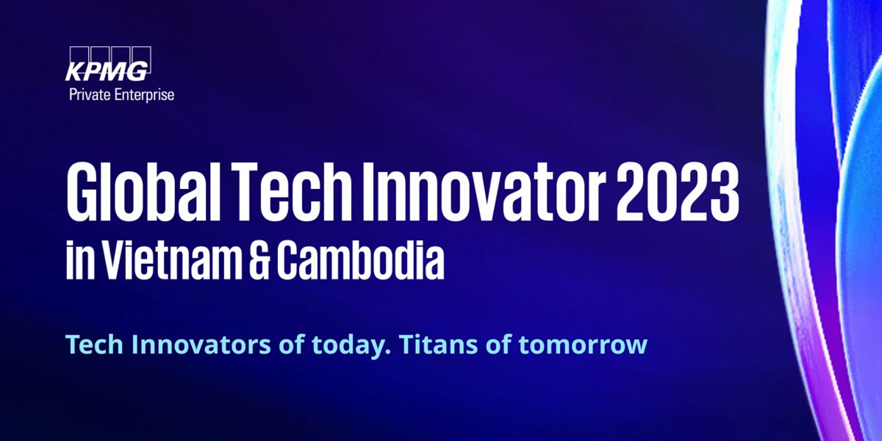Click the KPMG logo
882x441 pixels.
tap(108, 64)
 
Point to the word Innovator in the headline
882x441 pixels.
tap(484, 192)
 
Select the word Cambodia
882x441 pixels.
tap(360, 259)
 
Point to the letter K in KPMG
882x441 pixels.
tap(75, 72)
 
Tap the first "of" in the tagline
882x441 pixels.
tap(291, 344)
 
